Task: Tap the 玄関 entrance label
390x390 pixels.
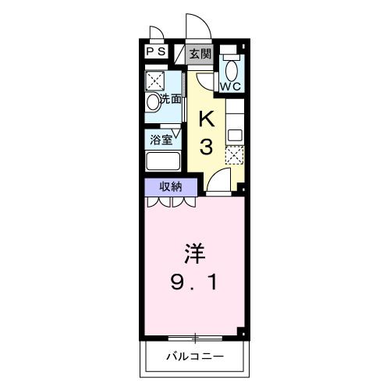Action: [x=200, y=54]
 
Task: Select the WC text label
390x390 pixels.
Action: [x=231, y=87]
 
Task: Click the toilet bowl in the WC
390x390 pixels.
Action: [x=230, y=66]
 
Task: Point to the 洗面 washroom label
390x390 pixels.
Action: [x=171, y=100]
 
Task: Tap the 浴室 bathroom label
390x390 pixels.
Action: [x=161, y=141]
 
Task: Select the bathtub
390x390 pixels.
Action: [x=164, y=162]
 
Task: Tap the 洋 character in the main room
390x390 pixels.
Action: [x=195, y=254]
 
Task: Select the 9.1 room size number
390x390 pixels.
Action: [x=195, y=283]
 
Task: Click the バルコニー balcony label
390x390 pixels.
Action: [x=195, y=357]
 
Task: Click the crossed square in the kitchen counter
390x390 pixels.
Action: [x=234, y=154]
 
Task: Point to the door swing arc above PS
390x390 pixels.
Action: [x=156, y=34]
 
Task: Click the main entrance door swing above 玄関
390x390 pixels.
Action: [x=194, y=27]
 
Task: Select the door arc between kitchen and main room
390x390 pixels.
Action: [x=218, y=183]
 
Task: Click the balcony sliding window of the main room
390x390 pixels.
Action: [x=195, y=338]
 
